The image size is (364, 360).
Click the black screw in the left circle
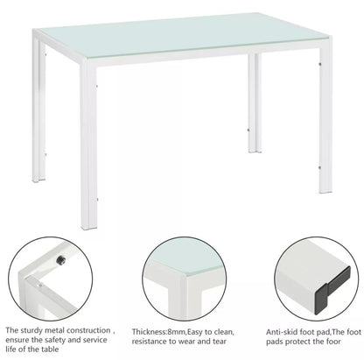click(x=60, y=259)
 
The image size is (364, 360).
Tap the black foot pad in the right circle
click(x=332, y=291)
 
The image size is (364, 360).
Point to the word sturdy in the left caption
click(x=32, y=331)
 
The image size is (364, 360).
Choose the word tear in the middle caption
click(x=218, y=342)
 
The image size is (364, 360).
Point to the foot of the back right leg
click(x=255, y=151)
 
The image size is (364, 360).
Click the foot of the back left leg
click(x=38, y=180)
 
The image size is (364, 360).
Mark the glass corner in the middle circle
click(x=185, y=274)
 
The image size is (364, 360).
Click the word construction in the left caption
click(x=88, y=331)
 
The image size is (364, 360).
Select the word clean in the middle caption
click(x=224, y=332)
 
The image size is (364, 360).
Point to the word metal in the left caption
click(x=55, y=331)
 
